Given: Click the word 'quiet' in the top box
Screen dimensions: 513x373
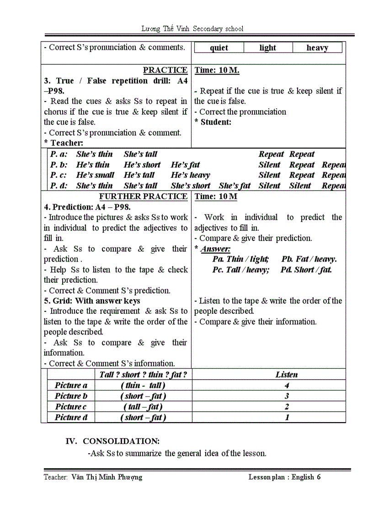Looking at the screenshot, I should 219,48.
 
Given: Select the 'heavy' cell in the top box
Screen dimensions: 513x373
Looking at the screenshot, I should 317,48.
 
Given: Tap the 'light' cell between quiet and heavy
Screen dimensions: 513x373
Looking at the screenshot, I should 268,48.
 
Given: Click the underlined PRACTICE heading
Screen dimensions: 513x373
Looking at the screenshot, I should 165,70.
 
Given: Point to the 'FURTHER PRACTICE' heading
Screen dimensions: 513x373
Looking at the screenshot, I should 143,196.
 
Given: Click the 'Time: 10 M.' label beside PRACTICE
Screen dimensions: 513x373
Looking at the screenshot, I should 217,70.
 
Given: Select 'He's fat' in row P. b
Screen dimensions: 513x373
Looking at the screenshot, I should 185,165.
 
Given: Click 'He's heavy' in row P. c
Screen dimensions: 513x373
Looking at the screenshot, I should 190,175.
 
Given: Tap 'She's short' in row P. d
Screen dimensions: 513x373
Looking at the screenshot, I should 190,185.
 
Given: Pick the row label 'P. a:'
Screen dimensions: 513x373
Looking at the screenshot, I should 59,154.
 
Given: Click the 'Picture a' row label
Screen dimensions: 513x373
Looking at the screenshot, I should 71,385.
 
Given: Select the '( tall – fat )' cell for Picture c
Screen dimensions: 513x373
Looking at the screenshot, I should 143,407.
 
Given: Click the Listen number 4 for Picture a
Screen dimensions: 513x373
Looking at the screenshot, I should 287,385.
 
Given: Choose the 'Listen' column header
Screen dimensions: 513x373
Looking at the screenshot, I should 287,375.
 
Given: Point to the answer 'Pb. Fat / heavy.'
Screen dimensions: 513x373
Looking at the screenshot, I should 309,259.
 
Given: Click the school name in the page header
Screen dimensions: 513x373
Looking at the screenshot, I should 192,28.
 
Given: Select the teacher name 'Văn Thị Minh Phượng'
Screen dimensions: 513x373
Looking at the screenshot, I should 107,477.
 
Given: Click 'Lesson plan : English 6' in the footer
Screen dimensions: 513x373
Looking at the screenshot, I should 285,477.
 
